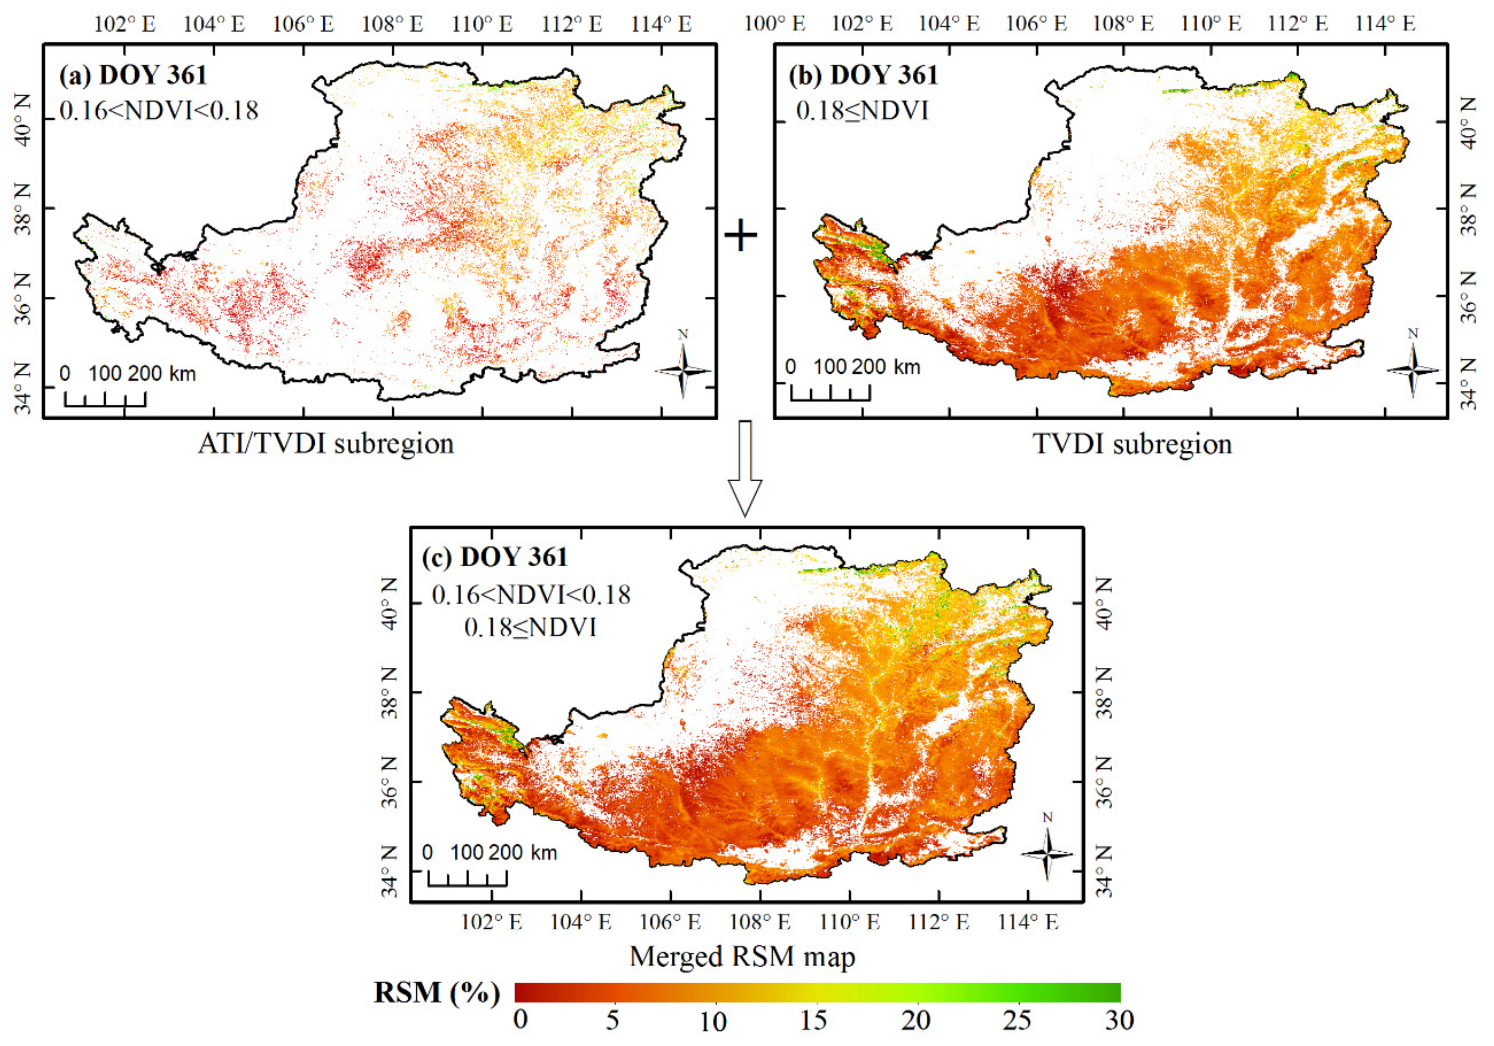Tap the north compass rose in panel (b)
[1413, 369]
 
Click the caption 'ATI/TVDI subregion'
[326, 444]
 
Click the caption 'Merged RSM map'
[742, 956]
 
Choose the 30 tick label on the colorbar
[1119, 1020]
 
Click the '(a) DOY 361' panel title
[133, 75]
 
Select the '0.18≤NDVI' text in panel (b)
[862, 111]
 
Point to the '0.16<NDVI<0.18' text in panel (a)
[159, 111]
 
